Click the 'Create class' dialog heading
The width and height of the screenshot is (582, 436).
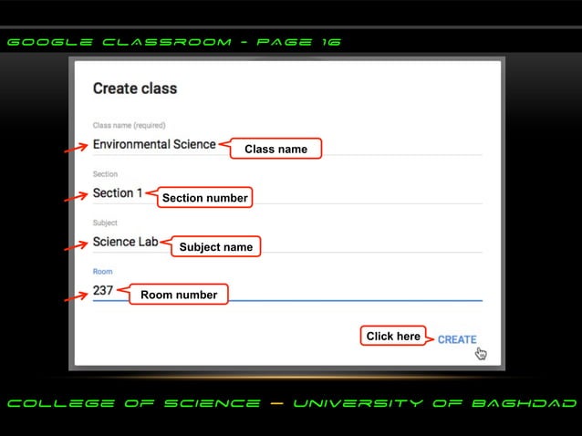(x=135, y=88)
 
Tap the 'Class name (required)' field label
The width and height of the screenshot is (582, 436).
(x=129, y=125)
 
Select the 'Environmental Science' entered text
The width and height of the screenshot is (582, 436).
(x=154, y=144)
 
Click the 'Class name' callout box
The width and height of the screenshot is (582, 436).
(x=275, y=149)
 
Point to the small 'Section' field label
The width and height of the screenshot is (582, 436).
(x=105, y=174)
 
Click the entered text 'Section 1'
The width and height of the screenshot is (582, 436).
(x=118, y=193)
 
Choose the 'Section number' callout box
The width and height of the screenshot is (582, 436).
(x=204, y=198)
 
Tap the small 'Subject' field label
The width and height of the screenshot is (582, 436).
(x=105, y=223)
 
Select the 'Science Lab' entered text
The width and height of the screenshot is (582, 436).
(x=125, y=243)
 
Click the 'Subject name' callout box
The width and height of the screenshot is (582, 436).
(x=215, y=246)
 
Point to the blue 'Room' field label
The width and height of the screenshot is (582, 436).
(x=102, y=272)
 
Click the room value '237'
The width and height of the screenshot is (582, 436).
(x=103, y=291)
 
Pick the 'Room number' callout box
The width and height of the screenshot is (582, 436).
(x=179, y=295)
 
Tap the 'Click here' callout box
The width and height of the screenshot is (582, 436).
(x=393, y=337)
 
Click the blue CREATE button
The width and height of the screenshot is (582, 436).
(x=456, y=339)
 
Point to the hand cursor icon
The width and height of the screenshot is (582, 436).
(x=481, y=354)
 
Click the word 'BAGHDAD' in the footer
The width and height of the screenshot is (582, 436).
(x=535, y=403)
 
